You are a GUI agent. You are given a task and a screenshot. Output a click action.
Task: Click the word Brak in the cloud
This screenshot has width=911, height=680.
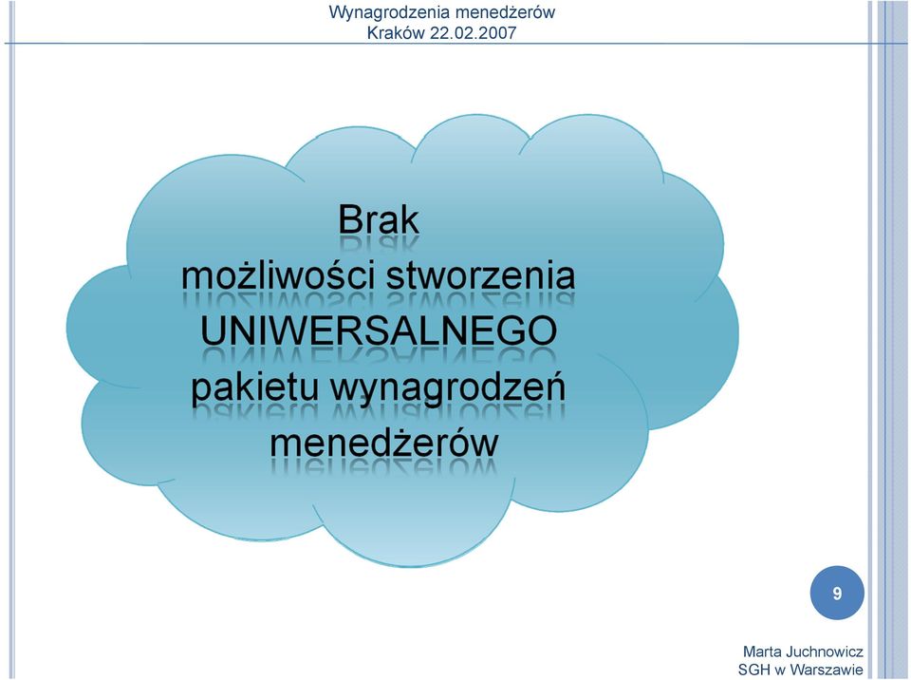[x=379, y=220]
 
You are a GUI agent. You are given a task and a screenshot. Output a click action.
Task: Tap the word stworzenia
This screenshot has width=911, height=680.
[x=480, y=275]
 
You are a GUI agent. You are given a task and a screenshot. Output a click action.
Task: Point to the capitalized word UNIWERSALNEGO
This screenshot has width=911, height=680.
[x=379, y=331]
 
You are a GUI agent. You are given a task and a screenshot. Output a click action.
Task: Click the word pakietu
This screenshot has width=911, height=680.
[x=255, y=387]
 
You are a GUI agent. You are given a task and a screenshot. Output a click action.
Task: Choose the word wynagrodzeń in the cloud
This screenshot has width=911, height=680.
[x=449, y=387]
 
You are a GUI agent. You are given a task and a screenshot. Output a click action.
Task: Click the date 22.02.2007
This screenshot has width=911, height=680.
[x=473, y=32]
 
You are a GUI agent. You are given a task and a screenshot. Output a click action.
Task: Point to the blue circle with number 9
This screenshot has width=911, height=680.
[x=837, y=593]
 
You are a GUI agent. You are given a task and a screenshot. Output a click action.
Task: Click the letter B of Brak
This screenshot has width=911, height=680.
[x=348, y=220]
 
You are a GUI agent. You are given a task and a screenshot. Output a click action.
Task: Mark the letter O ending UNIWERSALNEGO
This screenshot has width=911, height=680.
[x=542, y=331]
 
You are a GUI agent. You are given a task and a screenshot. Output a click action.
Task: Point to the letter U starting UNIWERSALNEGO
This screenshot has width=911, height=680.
[x=213, y=331]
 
